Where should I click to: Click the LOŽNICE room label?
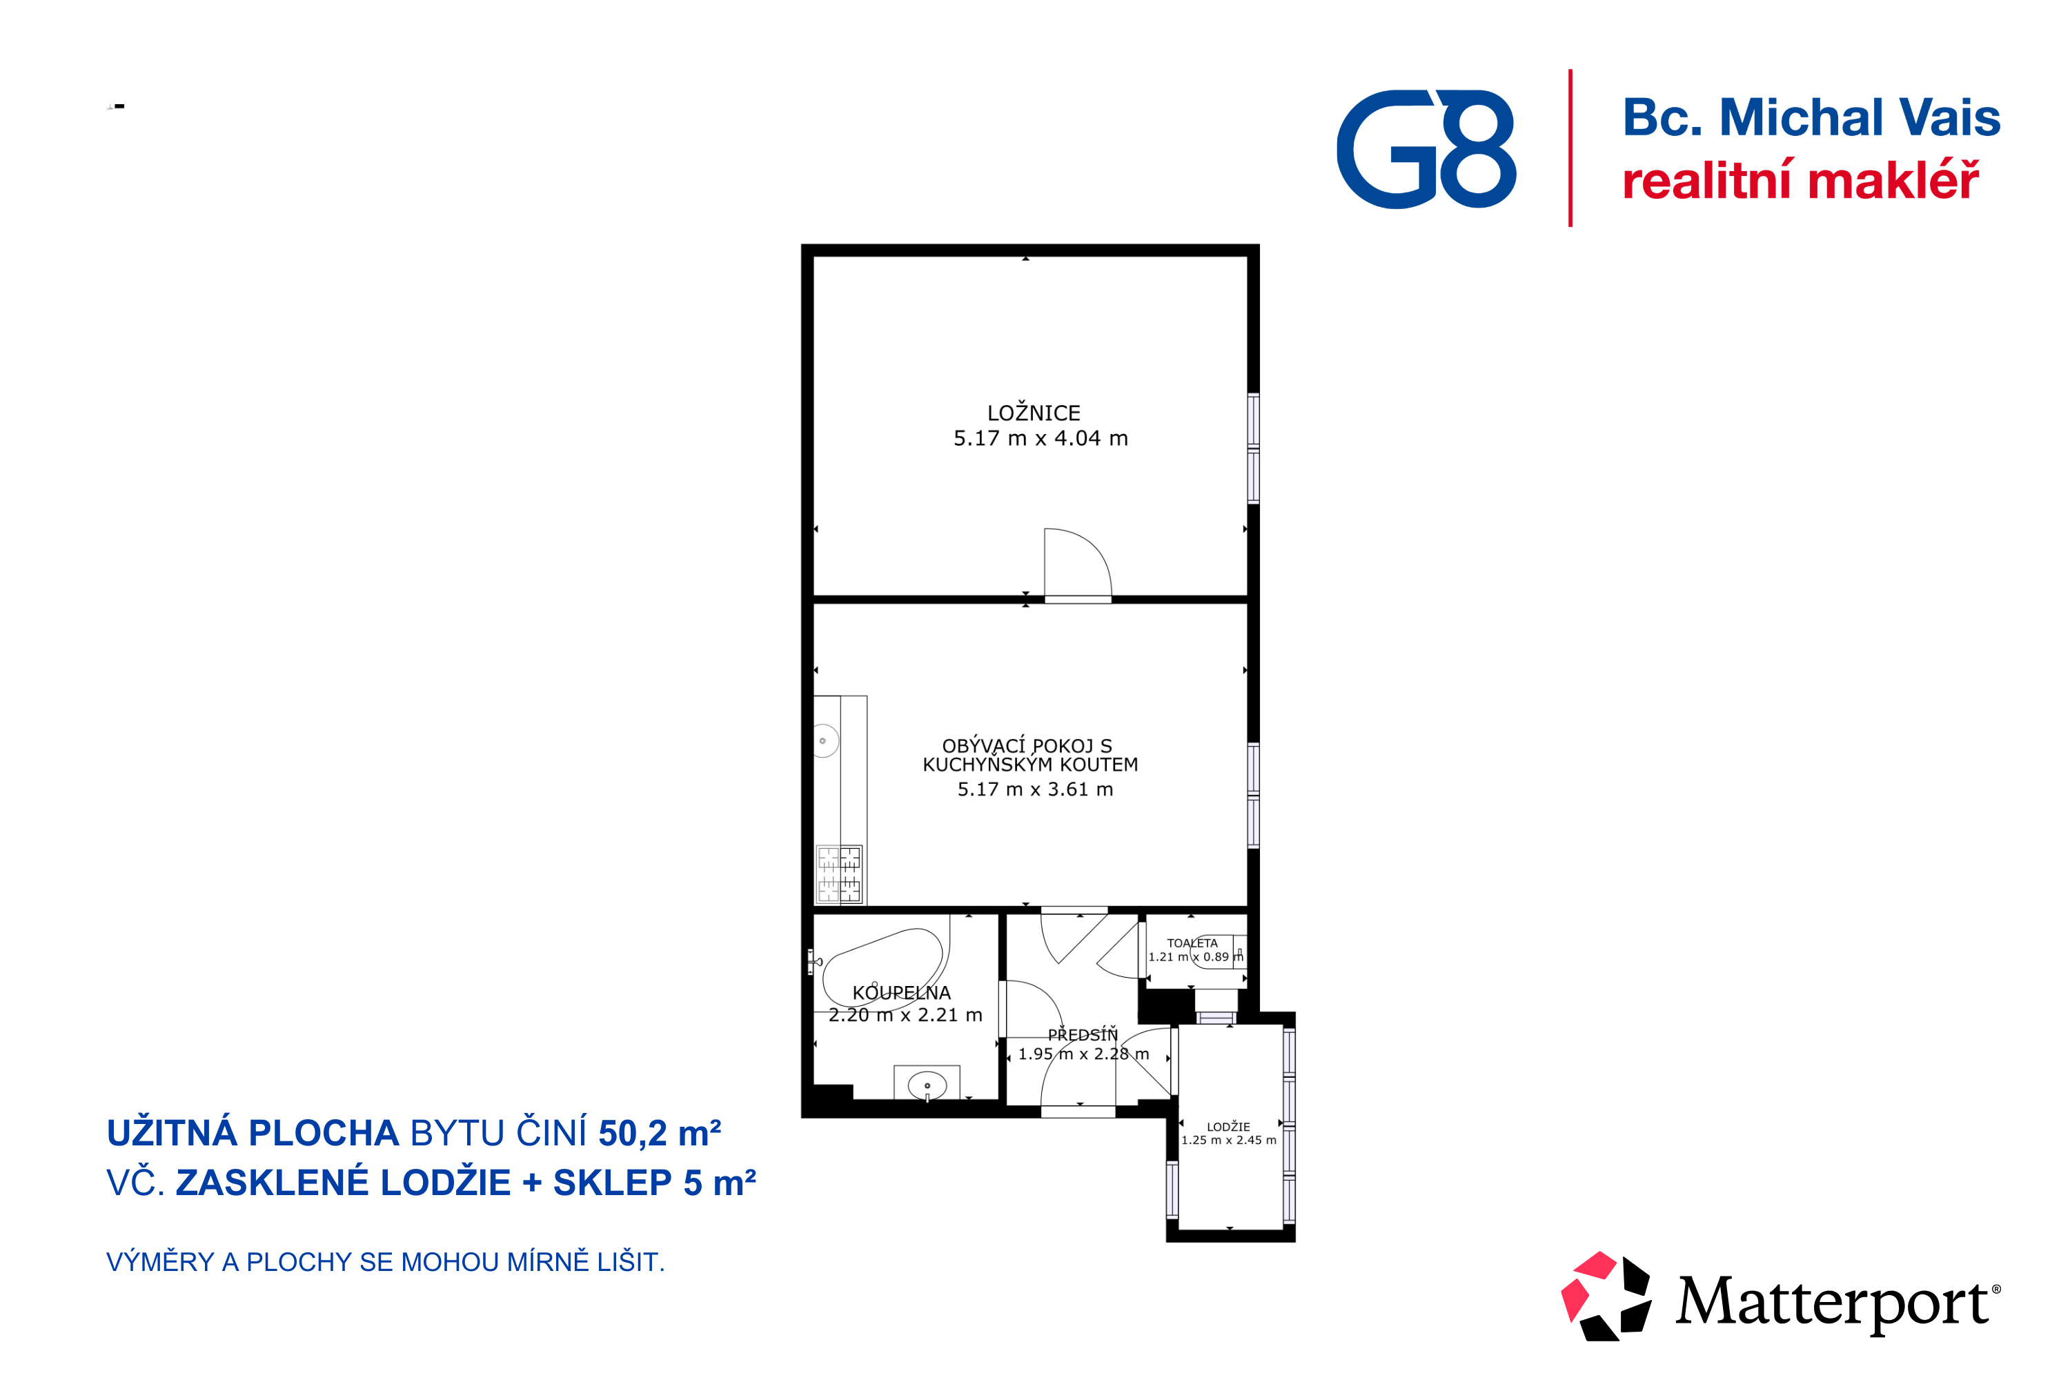[1033, 413]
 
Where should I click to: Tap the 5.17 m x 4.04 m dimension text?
[1041, 438]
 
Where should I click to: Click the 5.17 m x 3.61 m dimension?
[1035, 789]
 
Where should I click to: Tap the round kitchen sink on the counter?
[825, 740]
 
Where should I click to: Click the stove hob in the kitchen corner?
[839, 874]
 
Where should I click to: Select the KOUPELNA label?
[901, 993]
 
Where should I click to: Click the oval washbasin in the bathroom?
[927, 1086]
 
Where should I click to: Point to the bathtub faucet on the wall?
[814, 961]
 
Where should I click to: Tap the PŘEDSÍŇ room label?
[1083, 1035]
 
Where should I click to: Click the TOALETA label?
[1192, 943]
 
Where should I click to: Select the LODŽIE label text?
[1229, 1127]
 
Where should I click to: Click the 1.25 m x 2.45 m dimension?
[1229, 1141]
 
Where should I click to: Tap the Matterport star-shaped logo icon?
[1606, 1297]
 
